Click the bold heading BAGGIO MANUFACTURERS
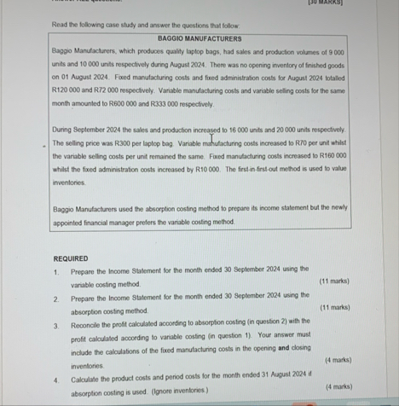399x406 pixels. (199, 38)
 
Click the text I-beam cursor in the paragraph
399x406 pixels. (212, 136)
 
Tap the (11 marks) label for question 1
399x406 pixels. (334, 281)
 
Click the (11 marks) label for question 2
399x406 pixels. (334, 307)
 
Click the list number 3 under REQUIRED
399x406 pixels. (55, 325)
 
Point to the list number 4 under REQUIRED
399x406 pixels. (55, 378)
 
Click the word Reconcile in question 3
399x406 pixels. (87, 325)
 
